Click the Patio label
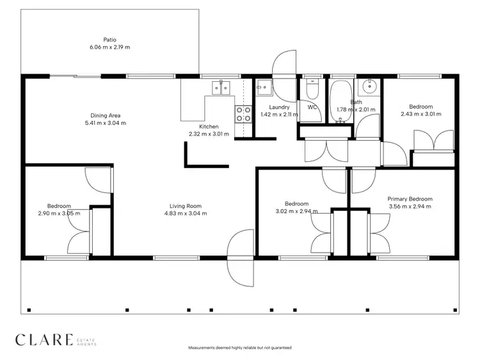click(110, 39)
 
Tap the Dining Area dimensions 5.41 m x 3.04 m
click(106, 123)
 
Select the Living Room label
click(186, 206)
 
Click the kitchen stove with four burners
click(244, 113)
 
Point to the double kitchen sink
click(221, 88)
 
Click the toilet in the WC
click(312, 89)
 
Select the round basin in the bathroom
click(369, 87)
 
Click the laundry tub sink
click(263, 88)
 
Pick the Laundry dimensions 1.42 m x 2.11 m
click(280, 115)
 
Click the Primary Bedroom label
click(410, 199)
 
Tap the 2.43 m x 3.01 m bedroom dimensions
click(421, 114)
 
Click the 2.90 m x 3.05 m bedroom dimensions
click(58, 214)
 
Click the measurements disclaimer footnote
click(240, 348)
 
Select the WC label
click(312, 107)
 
